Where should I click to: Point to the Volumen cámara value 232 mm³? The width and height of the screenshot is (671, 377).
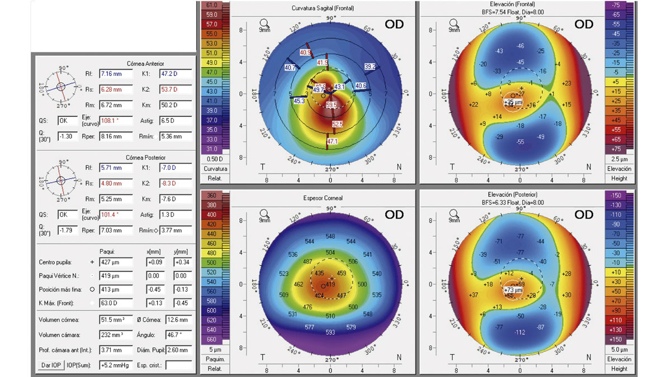(115, 335)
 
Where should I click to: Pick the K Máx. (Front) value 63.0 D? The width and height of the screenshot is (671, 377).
(115, 302)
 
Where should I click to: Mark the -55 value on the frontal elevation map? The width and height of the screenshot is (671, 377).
(521, 142)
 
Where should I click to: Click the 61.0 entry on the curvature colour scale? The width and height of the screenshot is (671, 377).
(211, 5)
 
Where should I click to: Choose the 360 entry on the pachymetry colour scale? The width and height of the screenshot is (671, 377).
(211, 195)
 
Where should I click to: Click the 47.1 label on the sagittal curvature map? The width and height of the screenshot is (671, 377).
(332, 142)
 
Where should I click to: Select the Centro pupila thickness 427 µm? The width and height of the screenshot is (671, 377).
(115, 262)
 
